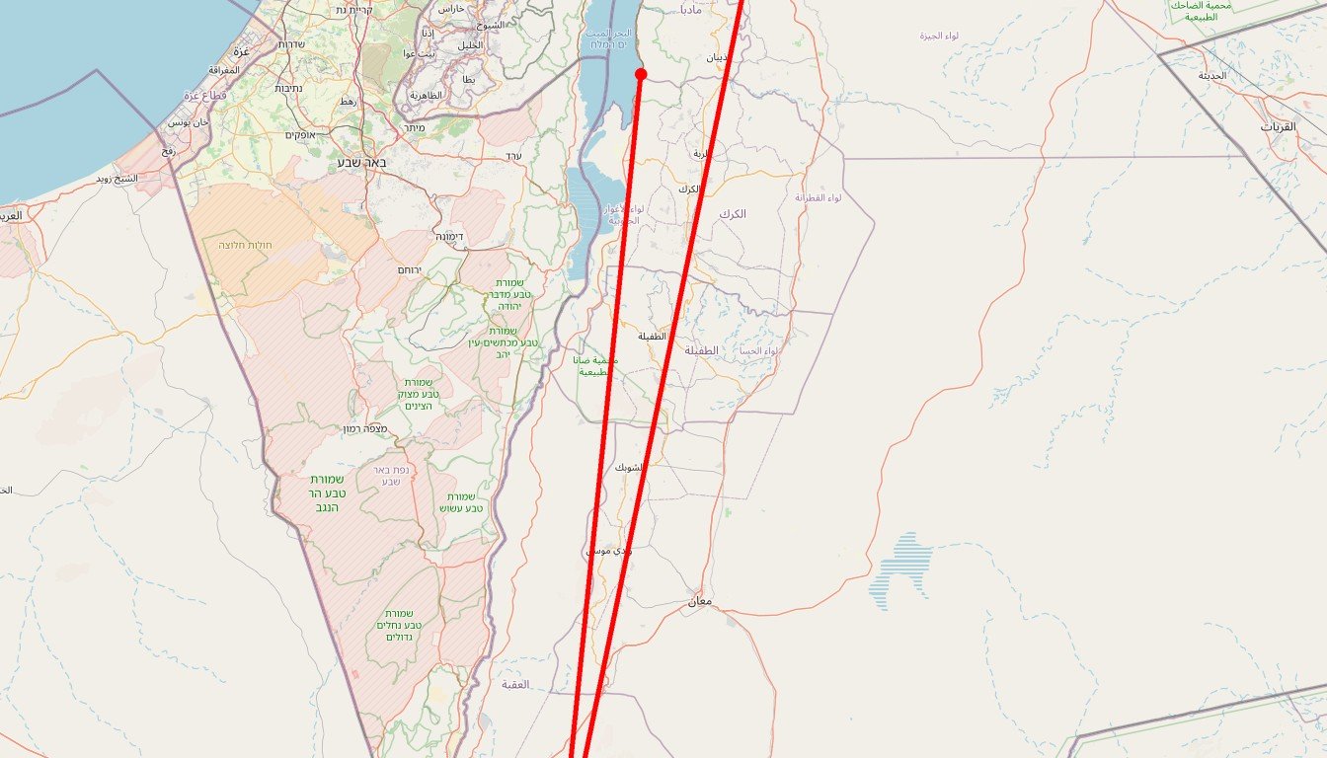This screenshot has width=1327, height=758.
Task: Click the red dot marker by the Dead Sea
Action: (x=641, y=74)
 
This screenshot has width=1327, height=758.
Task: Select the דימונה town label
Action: (x=449, y=237)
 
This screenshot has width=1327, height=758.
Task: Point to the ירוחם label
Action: (x=409, y=269)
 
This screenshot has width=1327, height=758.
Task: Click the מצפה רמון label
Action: (x=364, y=428)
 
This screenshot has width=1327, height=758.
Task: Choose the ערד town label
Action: (x=512, y=156)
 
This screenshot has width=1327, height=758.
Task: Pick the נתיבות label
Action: (x=288, y=89)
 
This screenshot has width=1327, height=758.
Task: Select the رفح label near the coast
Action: (x=167, y=151)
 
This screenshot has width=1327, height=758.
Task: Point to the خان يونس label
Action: (x=188, y=122)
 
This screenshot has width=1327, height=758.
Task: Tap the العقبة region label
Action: (x=515, y=684)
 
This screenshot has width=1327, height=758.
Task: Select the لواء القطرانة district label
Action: (x=819, y=198)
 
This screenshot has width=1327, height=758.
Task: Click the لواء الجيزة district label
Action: (x=939, y=36)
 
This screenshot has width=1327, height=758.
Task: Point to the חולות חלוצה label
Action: (x=245, y=244)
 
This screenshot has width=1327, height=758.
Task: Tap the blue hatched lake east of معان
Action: (x=901, y=570)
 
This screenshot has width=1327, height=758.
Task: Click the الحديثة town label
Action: (x=1212, y=75)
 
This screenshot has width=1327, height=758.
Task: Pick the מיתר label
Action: (x=414, y=128)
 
